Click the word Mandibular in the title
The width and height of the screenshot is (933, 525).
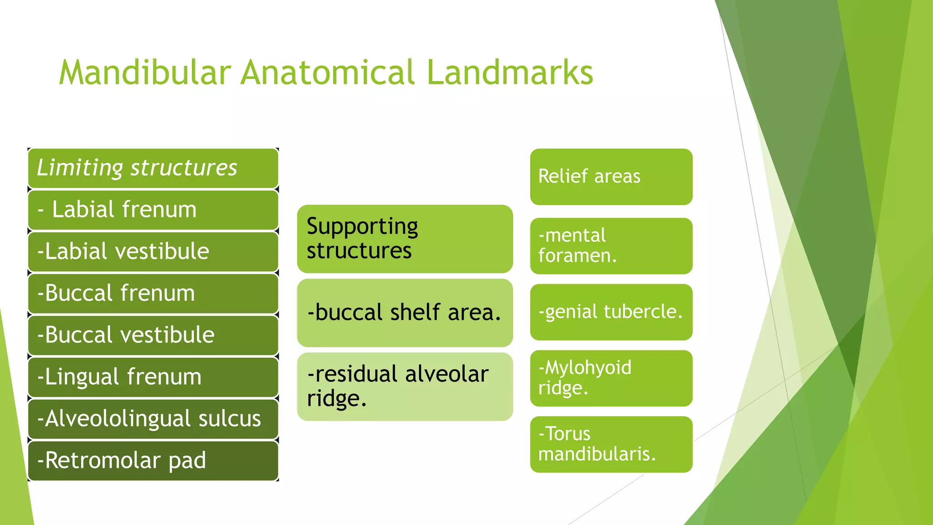click(145, 73)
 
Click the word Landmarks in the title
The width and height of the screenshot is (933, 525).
click(510, 73)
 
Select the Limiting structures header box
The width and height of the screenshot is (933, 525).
click(153, 168)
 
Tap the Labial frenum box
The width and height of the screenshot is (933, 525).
click(153, 210)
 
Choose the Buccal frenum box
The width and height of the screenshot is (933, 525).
click(153, 293)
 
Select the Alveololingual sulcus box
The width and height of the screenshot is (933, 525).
click(153, 419)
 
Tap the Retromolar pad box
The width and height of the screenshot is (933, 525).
click(153, 461)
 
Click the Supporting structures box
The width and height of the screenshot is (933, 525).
click(405, 239)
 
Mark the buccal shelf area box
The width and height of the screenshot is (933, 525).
click(405, 313)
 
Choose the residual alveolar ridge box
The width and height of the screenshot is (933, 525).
click(405, 386)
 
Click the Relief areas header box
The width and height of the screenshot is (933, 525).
click(611, 177)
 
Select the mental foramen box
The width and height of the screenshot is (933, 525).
click(611, 246)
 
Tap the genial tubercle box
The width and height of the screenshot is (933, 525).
click(611, 312)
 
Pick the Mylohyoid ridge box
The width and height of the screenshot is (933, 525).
click(611, 378)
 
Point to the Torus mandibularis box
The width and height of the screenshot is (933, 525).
click(611, 444)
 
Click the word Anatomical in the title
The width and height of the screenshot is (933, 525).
click(327, 73)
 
